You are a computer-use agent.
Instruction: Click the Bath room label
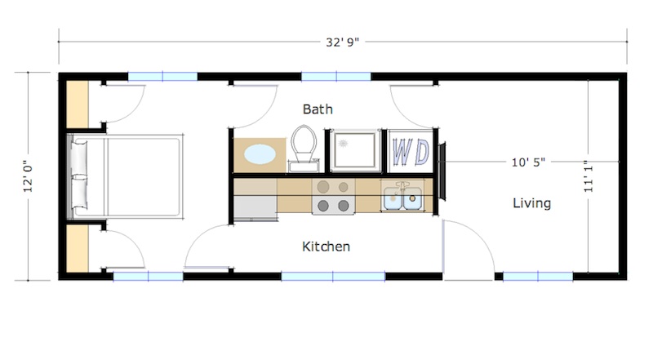pyautogui.click(x=318, y=109)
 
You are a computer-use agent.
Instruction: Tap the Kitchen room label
pyautogui.click(x=326, y=246)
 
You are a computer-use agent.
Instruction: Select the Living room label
pyautogui.click(x=531, y=202)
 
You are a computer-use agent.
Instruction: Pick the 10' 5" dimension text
pyautogui.click(x=528, y=162)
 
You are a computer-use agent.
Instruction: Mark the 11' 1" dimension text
pyautogui.click(x=589, y=174)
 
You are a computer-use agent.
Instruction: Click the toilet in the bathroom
pyautogui.click(x=304, y=147)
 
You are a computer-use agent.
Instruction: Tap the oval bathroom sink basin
pyautogui.click(x=260, y=154)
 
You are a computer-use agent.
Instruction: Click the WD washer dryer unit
pyautogui.click(x=411, y=151)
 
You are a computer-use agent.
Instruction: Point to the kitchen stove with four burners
pyautogui.click(x=333, y=197)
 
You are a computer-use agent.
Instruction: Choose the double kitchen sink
pyautogui.click(x=402, y=196)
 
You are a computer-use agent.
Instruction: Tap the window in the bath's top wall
pyautogui.click(x=336, y=77)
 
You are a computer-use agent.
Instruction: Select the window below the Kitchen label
pyautogui.click(x=333, y=276)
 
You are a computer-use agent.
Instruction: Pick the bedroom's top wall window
pyautogui.click(x=162, y=77)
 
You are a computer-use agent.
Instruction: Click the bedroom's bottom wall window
pyautogui.click(x=148, y=276)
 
